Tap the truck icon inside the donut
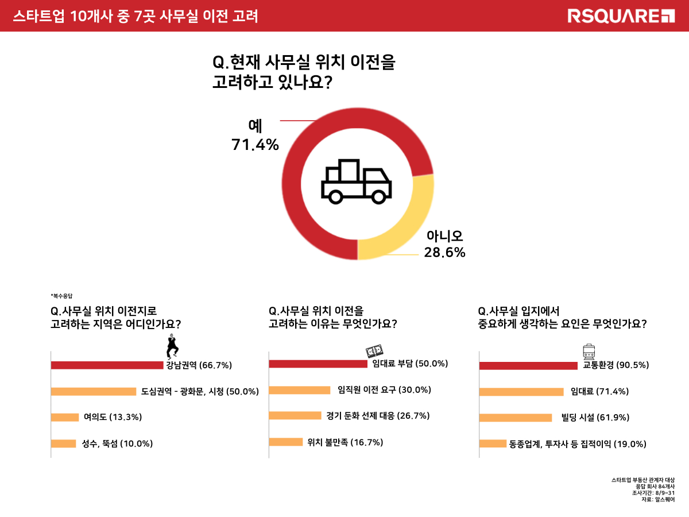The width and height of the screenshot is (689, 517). click(356, 180)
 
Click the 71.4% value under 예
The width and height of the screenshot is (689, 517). click(255, 145)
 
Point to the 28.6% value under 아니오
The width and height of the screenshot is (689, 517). click(444, 252)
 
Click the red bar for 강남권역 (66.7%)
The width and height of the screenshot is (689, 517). click(107, 365)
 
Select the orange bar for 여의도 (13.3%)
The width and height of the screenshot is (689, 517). click(65, 417)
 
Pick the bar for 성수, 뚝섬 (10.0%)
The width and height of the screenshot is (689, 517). click(63, 443)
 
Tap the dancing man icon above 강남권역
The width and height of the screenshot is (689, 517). click(172, 346)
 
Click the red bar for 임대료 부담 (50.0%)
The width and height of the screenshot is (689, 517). click(318, 364)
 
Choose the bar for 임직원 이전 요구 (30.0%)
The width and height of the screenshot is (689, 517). click(300, 390)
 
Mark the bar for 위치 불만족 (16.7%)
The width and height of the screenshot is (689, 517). click(286, 442)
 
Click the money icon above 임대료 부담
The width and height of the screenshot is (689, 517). click(374, 352)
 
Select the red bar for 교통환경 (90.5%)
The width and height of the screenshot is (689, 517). click(528, 365)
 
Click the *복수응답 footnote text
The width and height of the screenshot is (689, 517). click(62, 296)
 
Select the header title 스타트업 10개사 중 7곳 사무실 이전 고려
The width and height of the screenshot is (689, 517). click(136, 16)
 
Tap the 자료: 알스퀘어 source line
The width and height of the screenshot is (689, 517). click(657, 500)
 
